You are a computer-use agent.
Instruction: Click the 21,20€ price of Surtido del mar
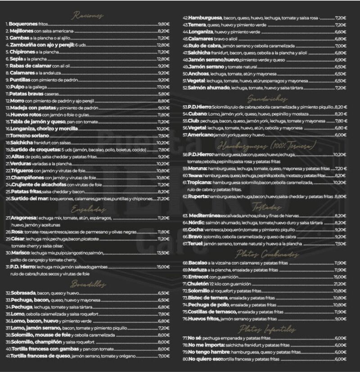point(163,198)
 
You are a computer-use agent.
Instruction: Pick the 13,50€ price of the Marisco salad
point(163,253)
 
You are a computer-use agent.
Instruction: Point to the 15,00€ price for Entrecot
point(340,277)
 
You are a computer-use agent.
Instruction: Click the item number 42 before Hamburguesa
point(185,18)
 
